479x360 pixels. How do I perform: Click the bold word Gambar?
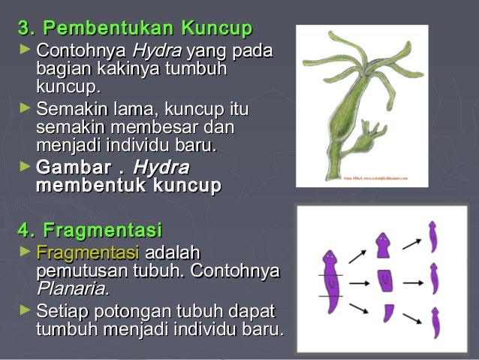point(71,167)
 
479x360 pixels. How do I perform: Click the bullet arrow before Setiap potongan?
point(26,310)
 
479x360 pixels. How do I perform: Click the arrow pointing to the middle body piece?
point(358,283)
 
